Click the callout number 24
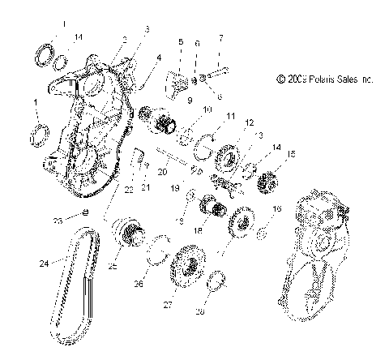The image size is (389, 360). point(42,263)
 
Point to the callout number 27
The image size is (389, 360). point(169,306)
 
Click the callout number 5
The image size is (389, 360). point(180,41)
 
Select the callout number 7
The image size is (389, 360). point(220,37)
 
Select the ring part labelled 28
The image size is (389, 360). point(216,284)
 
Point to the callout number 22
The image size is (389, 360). point(127,190)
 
